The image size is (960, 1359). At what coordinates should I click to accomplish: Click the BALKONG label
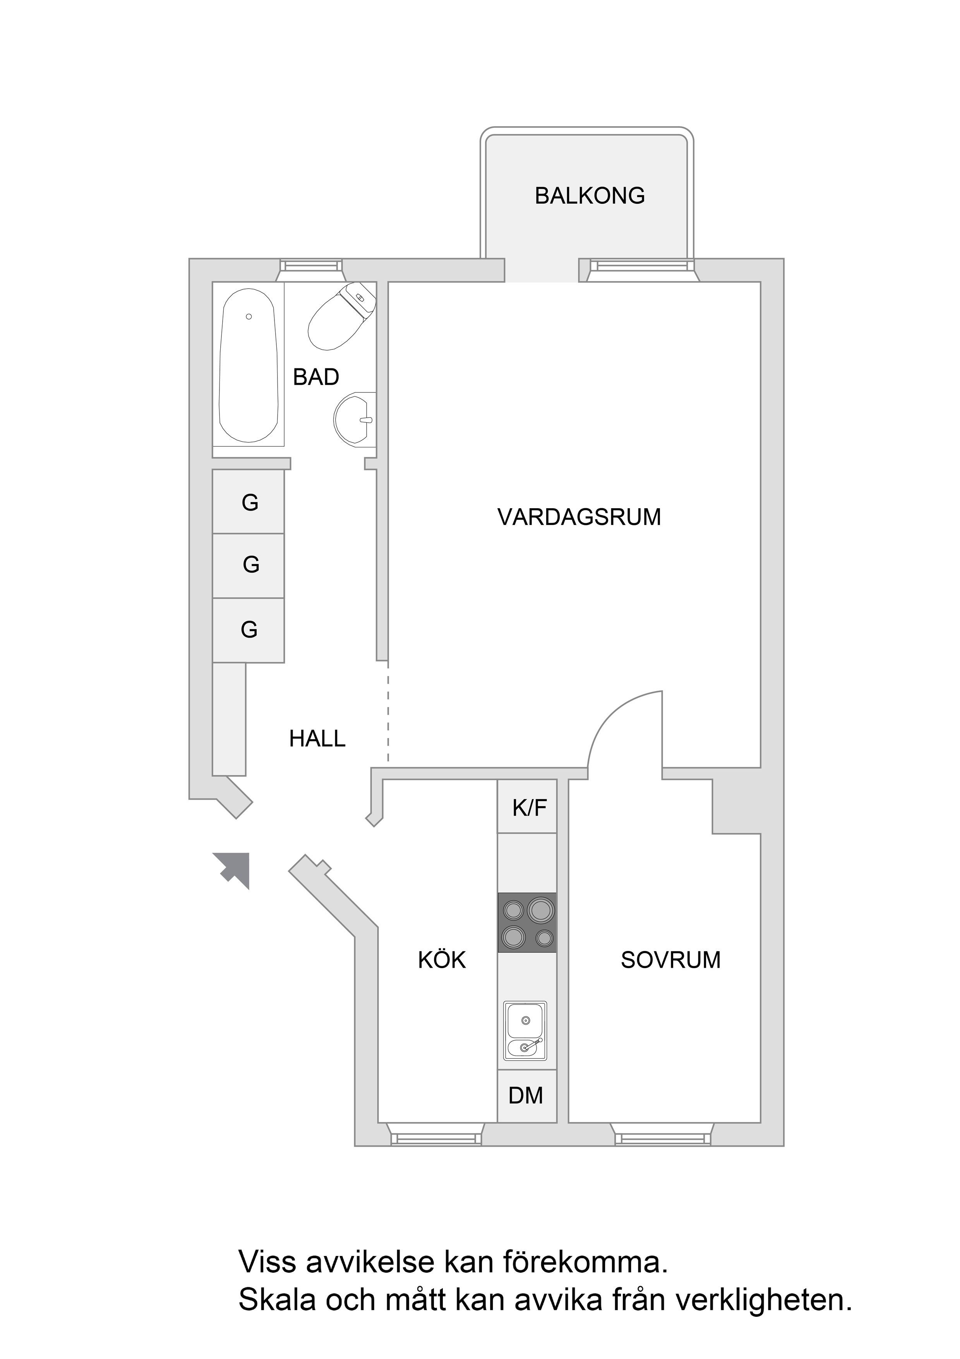589,196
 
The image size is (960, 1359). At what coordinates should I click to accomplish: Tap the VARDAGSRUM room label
579,517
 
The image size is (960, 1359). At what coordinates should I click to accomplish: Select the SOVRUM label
670,960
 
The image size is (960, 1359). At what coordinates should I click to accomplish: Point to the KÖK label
441,960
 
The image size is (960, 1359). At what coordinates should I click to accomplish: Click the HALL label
317,739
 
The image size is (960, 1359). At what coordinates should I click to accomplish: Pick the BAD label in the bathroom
316,377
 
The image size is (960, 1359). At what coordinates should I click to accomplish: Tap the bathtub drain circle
249,317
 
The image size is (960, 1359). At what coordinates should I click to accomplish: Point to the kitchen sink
525,1030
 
